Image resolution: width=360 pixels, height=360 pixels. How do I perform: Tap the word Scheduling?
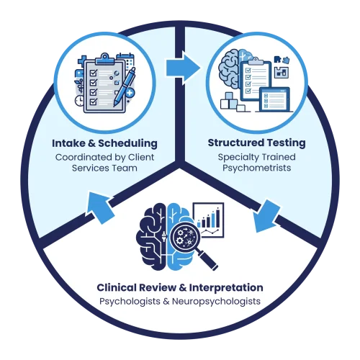127,144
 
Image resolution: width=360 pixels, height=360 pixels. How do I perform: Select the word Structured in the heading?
233,143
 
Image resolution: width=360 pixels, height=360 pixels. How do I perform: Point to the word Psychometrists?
256,168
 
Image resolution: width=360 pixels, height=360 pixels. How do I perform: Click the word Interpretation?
226,288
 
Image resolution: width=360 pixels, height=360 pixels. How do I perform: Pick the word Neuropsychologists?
216,302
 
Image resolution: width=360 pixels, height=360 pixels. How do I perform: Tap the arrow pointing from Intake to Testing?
183,68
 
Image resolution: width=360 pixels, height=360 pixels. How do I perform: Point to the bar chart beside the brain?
208,220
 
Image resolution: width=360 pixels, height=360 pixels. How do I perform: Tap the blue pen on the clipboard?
125,87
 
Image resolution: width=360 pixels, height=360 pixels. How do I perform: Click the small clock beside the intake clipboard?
79,101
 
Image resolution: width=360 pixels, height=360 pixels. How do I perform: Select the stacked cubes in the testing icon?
233,102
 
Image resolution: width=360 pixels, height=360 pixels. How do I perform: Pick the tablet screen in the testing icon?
275,99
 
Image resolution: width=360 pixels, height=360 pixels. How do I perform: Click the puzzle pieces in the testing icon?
282,60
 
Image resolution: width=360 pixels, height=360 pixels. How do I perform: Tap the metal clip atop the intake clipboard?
104,59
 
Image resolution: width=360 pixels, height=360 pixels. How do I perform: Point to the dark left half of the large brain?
151,236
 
